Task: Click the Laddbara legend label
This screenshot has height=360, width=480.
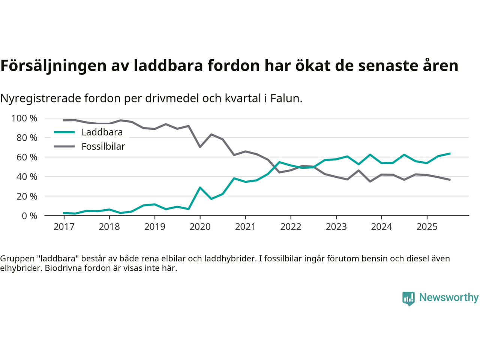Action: pos(102,132)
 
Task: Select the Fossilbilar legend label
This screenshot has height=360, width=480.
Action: pos(103,147)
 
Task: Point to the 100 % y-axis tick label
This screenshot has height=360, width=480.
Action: pos(24,118)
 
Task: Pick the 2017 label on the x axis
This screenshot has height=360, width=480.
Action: pos(64,227)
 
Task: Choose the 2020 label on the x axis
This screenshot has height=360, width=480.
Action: pos(200,227)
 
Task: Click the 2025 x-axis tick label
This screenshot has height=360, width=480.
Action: pos(427,227)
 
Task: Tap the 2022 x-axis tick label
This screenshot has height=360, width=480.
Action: pos(291,227)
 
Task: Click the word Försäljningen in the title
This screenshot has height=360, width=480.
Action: pos(54,66)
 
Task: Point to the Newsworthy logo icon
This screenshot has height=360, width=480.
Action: pos(408,298)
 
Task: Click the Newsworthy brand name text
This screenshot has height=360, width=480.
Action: pos(448,297)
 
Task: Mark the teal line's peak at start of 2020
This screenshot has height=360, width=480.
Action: pos(200,187)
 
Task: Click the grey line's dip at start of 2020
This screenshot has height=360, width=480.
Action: pos(200,147)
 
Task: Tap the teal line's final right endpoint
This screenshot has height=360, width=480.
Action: pos(450,153)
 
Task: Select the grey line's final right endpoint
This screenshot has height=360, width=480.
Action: pos(450,180)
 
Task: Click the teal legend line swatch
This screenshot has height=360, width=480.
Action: pos(64,132)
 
